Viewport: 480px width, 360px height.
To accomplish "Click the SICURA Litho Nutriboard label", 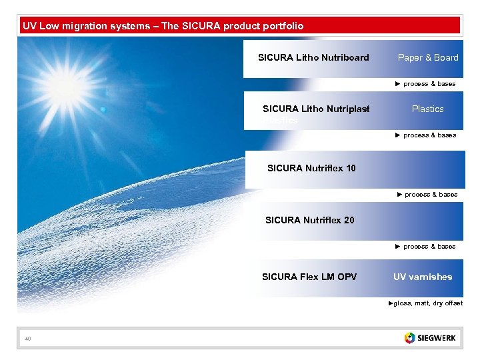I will pos(313,57).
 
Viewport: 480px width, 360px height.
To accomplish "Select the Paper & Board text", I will pos(428,57).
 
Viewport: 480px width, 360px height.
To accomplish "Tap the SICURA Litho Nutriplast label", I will pos(316,109).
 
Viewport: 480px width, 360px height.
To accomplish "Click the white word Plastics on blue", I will pos(427,109).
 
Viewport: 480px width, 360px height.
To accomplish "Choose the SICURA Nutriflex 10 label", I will pos(311,168).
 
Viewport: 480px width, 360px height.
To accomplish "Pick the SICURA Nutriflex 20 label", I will pos(309,220).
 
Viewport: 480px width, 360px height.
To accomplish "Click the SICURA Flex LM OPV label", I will pos(309,277).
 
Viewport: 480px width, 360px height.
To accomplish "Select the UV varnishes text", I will pos(423,277).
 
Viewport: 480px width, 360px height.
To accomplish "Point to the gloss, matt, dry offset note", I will pos(426,303).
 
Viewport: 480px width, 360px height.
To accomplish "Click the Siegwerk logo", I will pos(430,338).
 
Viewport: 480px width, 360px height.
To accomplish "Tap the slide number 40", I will pos(28,340).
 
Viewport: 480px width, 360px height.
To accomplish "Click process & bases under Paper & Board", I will pos(426,84).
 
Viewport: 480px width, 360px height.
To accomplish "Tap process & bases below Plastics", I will pos(426,135).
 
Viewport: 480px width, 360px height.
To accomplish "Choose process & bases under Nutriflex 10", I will pos(427,195).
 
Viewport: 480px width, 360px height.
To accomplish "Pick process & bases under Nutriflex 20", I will pos(426,247).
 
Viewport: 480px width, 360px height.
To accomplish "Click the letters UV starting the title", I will pos(29,26).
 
